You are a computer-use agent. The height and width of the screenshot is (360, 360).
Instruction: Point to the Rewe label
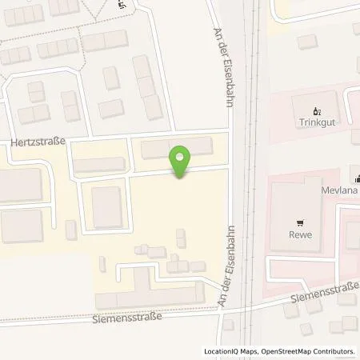pos(300,235)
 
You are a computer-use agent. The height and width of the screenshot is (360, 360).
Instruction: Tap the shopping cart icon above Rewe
pos(300,223)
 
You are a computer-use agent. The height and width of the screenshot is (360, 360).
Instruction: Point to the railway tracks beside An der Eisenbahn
pos(248,160)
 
